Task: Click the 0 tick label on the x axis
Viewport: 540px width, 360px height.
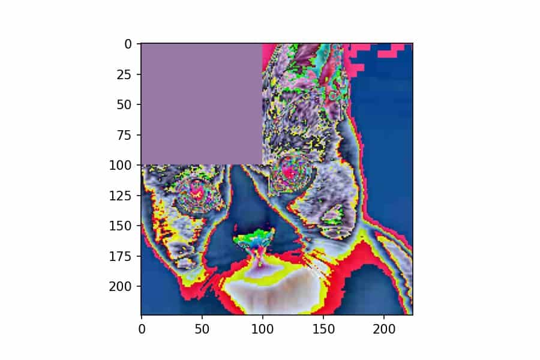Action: point(142,328)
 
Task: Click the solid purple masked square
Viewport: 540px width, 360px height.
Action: point(202,104)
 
